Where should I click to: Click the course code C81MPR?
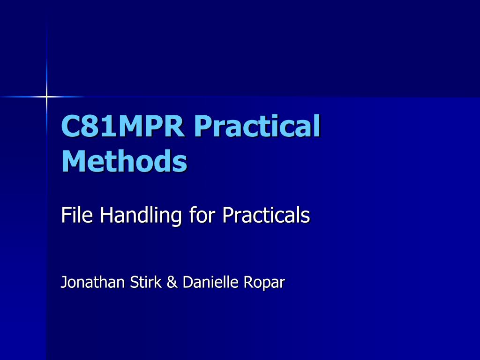point(123,126)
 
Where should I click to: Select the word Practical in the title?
point(257,126)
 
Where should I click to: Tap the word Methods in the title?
point(124,161)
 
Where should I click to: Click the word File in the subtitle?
point(77,215)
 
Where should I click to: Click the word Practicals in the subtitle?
point(266,215)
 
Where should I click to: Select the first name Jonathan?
point(92,282)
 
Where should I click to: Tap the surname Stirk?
point(146,282)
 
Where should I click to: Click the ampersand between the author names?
point(172,282)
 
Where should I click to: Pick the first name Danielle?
point(210,282)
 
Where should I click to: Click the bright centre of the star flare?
point(46,97)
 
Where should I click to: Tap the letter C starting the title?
point(70,126)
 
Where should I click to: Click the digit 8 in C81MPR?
point(89,126)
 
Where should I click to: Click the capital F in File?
point(66,215)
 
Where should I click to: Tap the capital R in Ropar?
point(248,282)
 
